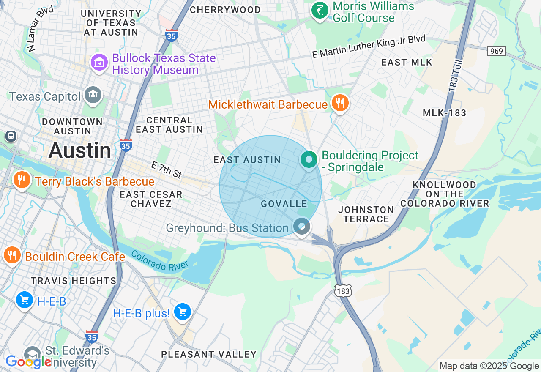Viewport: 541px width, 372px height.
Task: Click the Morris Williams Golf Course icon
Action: tap(320, 10)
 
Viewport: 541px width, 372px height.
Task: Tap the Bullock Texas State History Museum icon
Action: tap(99, 63)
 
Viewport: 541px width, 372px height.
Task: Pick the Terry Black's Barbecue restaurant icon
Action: tap(21, 181)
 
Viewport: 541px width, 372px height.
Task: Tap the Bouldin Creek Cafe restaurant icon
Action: tap(12, 255)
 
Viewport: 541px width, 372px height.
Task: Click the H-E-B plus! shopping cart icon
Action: tap(183, 312)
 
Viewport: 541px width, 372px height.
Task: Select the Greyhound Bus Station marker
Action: tap(302, 226)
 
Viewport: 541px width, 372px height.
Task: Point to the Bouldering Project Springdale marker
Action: tap(309, 160)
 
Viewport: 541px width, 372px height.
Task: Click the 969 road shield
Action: tap(496, 51)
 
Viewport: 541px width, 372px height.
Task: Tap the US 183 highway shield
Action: tap(344, 291)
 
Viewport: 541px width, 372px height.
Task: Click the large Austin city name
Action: tap(80, 150)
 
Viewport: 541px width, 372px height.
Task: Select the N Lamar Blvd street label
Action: tap(41, 28)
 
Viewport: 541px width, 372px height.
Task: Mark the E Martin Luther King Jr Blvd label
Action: tap(369, 47)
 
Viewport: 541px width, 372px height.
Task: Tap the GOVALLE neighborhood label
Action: tap(284, 204)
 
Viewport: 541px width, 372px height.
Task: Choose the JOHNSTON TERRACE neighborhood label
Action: tap(366, 214)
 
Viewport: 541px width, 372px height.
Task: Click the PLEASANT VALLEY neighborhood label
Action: tap(209, 354)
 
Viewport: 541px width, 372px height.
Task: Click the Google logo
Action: tap(28, 362)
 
